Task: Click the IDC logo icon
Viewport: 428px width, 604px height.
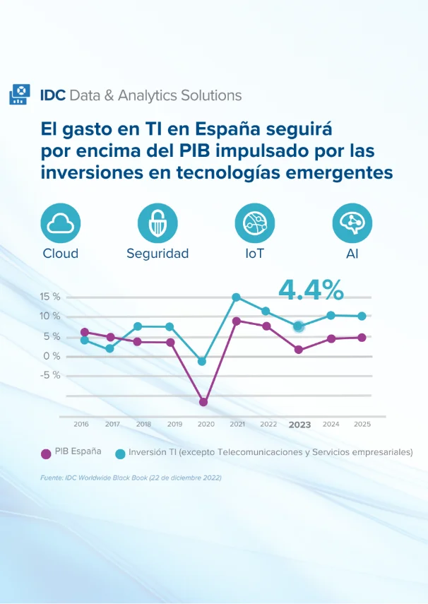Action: [x=19, y=95]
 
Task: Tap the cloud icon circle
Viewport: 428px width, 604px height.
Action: [x=60, y=223]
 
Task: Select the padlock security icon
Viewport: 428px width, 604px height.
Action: [x=157, y=223]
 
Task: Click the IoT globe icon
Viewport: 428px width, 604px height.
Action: [x=254, y=223]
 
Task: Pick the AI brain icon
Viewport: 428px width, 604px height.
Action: [x=352, y=223]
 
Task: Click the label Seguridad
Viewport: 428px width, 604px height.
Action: [x=157, y=254]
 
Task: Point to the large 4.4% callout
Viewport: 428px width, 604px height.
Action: [x=311, y=289]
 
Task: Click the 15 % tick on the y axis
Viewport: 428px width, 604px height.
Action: [x=50, y=297]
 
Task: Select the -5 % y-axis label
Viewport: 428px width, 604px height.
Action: [x=50, y=375]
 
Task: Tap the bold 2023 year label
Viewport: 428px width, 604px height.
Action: [x=299, y=425]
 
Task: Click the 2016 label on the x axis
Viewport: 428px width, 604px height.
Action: [x=81, y=424]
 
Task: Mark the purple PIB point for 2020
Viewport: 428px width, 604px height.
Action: [x=203, y=402]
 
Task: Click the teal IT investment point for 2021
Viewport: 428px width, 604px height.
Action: [x=237, y=297]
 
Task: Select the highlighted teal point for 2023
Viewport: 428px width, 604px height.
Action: [x=299, y=326]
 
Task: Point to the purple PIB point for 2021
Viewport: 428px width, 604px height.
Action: [x=237, y=321]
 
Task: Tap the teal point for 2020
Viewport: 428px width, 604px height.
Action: [x=202, y=361]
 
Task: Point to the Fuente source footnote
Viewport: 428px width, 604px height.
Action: [x=131, y=478]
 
